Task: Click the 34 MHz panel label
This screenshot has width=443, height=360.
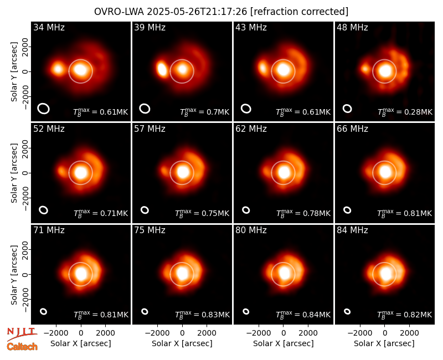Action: click(49, 27)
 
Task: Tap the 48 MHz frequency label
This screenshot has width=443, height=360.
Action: click(352, 27)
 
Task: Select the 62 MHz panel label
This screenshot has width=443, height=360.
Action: click(251, 129)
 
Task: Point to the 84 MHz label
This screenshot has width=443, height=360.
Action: click(352, 230)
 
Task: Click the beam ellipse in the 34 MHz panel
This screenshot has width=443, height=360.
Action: click(44, 109)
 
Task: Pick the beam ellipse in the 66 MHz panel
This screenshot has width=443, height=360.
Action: click(347, 210)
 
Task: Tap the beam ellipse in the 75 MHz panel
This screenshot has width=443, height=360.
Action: click(145, 311)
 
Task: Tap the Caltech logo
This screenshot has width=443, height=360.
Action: click(22, 347)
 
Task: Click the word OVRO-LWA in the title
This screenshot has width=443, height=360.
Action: click(119, 12)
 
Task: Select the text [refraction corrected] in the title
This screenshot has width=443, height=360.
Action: click(299, 12)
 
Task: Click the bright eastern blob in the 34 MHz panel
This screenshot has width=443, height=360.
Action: click(58, 69)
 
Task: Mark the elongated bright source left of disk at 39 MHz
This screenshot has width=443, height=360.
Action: click(162, 69)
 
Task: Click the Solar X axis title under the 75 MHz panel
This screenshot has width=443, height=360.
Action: click(182, 343)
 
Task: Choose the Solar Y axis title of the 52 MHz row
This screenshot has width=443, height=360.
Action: click(14, 173)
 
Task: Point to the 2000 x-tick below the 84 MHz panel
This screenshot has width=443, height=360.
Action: click(409, 333)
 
